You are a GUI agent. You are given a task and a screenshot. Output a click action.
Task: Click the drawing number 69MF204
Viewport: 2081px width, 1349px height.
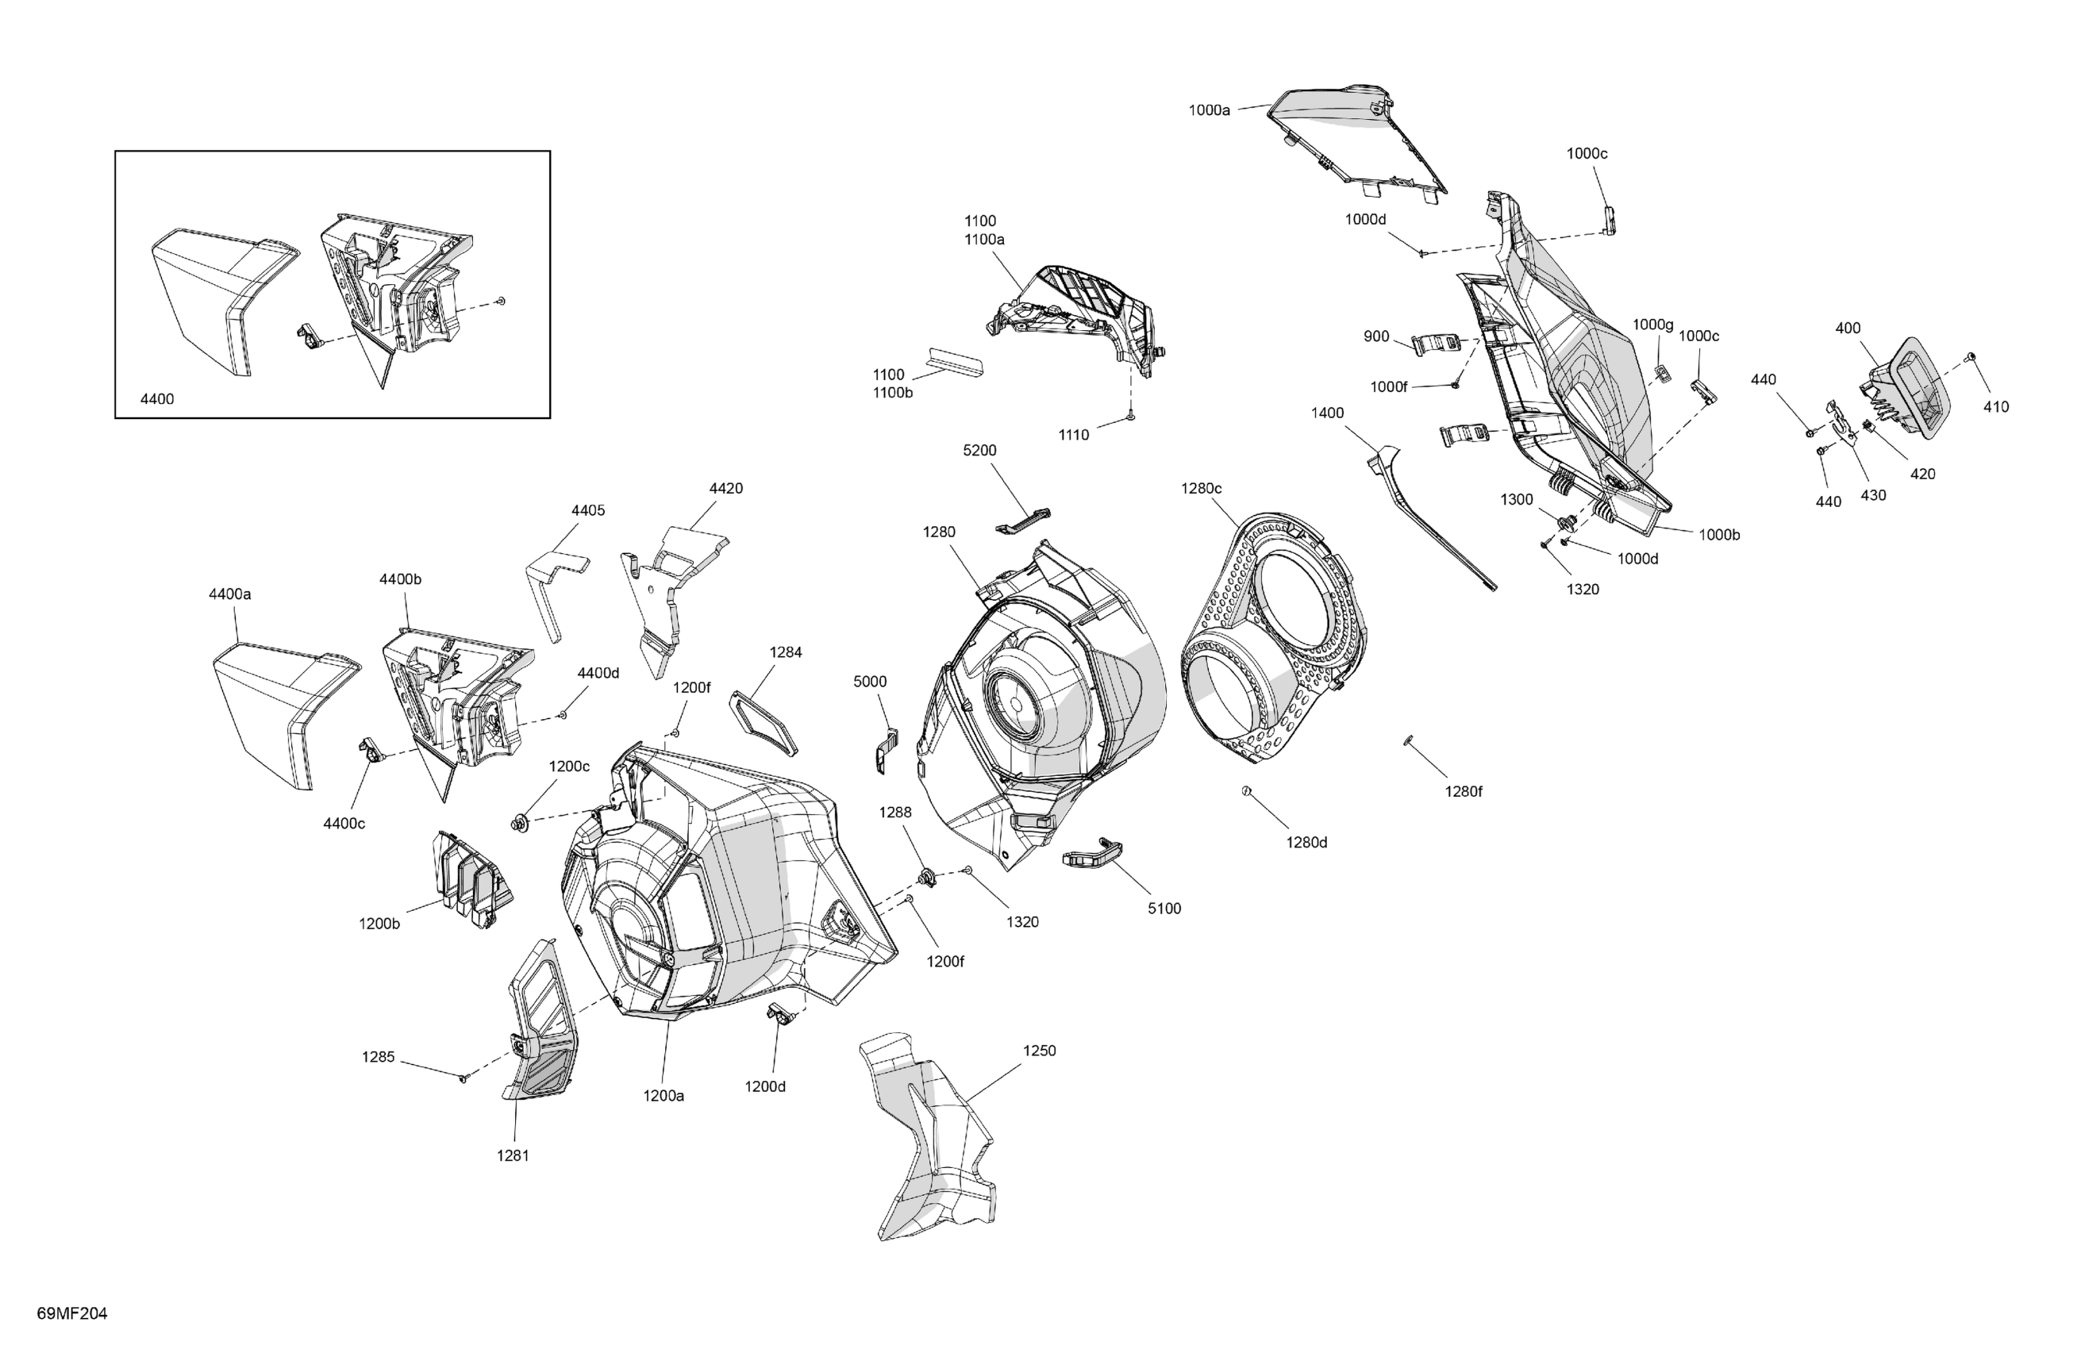pos(71,1314)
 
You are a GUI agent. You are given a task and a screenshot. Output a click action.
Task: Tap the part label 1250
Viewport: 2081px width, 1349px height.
pos(1039,1051)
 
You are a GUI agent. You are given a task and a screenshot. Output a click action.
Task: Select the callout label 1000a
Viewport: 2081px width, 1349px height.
pos(1210,110)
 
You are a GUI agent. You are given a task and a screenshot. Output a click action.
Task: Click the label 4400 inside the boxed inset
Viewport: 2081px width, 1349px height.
pos(157,398)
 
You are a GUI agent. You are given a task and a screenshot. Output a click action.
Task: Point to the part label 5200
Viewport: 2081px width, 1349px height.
pos(979,450)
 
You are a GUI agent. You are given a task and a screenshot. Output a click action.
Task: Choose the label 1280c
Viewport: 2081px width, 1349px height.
pos(1202,488)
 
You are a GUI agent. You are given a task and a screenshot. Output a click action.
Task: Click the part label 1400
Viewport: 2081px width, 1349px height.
pos(1327,413)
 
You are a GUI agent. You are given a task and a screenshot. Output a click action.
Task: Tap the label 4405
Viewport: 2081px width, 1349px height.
pos(587,510)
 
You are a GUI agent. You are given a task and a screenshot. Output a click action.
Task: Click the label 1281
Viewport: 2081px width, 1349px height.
pos(514,1156)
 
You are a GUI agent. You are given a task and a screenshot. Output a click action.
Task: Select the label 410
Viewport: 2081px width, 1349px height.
pos(1996,406)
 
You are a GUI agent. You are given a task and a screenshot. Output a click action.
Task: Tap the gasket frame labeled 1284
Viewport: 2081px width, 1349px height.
pos(764,723)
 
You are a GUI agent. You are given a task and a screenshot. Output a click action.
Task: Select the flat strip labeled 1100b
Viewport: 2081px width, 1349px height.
pos(954,359)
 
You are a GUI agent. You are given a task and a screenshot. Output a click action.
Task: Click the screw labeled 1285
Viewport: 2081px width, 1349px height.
pos(464,1078)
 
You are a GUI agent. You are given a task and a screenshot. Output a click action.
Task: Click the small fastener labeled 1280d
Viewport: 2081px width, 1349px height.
pos(1247,791)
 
